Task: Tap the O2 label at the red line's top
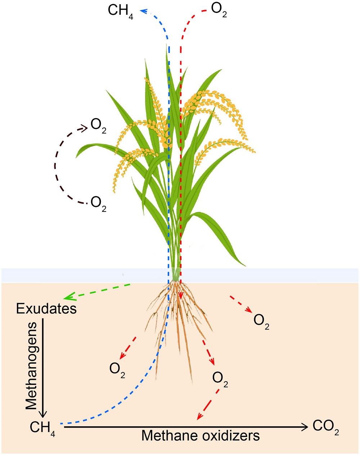[x=219, y=10]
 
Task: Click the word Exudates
[x=46, y=309]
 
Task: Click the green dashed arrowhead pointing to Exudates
[x=69, y=296]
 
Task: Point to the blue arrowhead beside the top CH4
[x=144, y=11]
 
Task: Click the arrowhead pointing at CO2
[x=305, y=427]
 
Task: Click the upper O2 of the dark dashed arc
[x=98, y=126]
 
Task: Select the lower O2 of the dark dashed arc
[x=98, y=204]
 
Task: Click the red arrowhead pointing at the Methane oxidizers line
[x=199, y=416]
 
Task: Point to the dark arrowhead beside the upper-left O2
[x=84, y=128]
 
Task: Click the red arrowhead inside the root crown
[x=180, y=295]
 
